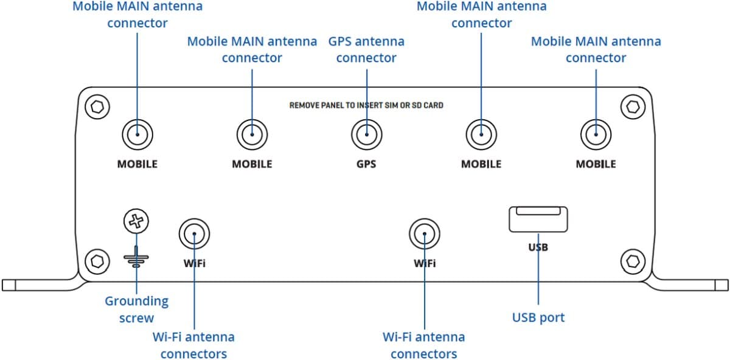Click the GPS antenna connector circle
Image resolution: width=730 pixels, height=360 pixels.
coord(366,134)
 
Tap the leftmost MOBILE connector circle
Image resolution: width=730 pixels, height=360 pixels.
coord(137,134)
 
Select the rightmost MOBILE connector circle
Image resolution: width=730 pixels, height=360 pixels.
coord(596,134)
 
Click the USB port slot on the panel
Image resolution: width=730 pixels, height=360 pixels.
coord(538,220)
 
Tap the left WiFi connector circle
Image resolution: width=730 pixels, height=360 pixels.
coord(194,234)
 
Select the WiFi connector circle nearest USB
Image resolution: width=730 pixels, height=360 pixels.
coord(424,234)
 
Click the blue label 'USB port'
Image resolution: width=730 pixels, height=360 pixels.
coord(538,317)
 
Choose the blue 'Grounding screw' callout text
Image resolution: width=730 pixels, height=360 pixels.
coord(137,310)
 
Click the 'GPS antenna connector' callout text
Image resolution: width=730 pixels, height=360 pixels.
coord(366,50)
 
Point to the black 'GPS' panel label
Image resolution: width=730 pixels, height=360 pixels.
coord(366,164)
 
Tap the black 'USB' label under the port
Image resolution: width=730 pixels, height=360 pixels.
coord(538,247)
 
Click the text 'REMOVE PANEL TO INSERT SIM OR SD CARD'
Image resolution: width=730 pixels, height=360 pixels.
coord(366,105)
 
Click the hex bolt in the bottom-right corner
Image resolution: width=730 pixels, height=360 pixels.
coord(633,261)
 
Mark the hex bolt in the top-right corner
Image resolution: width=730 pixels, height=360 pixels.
coord(633,107)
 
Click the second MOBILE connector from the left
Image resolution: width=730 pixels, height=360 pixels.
coord(252,134)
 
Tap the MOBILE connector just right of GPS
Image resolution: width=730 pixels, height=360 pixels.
coord(481,134)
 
